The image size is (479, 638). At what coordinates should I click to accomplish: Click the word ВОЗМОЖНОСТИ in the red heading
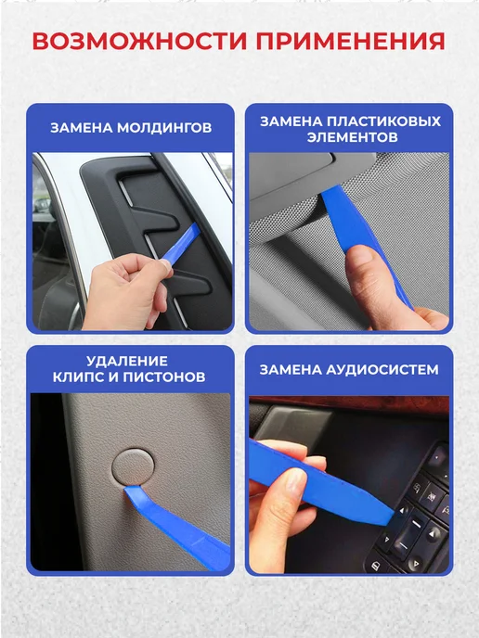click(x=139, y=41)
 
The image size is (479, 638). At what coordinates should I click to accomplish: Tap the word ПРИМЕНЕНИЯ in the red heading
click(x=351, y=41)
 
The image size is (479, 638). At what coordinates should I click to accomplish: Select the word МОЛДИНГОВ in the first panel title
click(x=164, y=128)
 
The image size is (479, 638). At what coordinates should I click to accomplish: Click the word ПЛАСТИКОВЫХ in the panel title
click(x=384, y=121)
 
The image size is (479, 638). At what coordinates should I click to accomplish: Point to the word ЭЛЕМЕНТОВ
click(x=352, y=137)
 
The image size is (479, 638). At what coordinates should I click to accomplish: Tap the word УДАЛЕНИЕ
click(x=127, y=361)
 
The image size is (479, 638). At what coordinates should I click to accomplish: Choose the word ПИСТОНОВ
click(x=164, y=376)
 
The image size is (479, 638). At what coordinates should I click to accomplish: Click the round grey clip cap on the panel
click(x=133, y=468)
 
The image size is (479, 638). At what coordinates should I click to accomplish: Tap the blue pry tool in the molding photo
click(x=180, y=243)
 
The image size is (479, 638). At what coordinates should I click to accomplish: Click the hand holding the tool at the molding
click(x=127, y=291)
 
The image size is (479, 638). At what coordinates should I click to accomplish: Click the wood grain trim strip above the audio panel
click(x=349, y=405)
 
